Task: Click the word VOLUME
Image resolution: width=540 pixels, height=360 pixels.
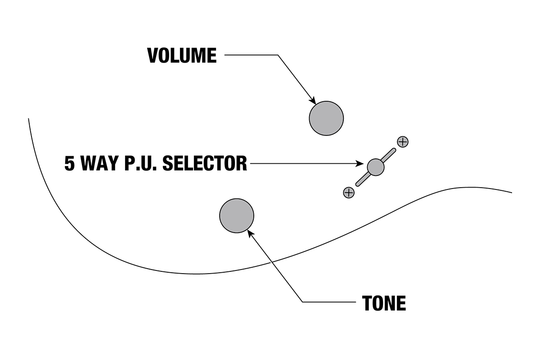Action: click(x=182, y=55)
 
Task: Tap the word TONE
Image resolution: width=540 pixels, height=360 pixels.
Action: click(x=384, y=304)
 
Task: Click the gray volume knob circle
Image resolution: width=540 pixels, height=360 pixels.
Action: click(x=326, y=118)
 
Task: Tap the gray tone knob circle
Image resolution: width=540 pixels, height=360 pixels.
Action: click(x=237, y=216)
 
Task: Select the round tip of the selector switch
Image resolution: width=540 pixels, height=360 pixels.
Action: click(x=376, y=167)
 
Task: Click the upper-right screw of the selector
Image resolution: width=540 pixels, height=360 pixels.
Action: click(x=403, y=142)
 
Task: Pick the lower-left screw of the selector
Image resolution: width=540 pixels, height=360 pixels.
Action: click(x=349, y=193)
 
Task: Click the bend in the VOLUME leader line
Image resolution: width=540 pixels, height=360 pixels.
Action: click(x=278, y=55)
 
